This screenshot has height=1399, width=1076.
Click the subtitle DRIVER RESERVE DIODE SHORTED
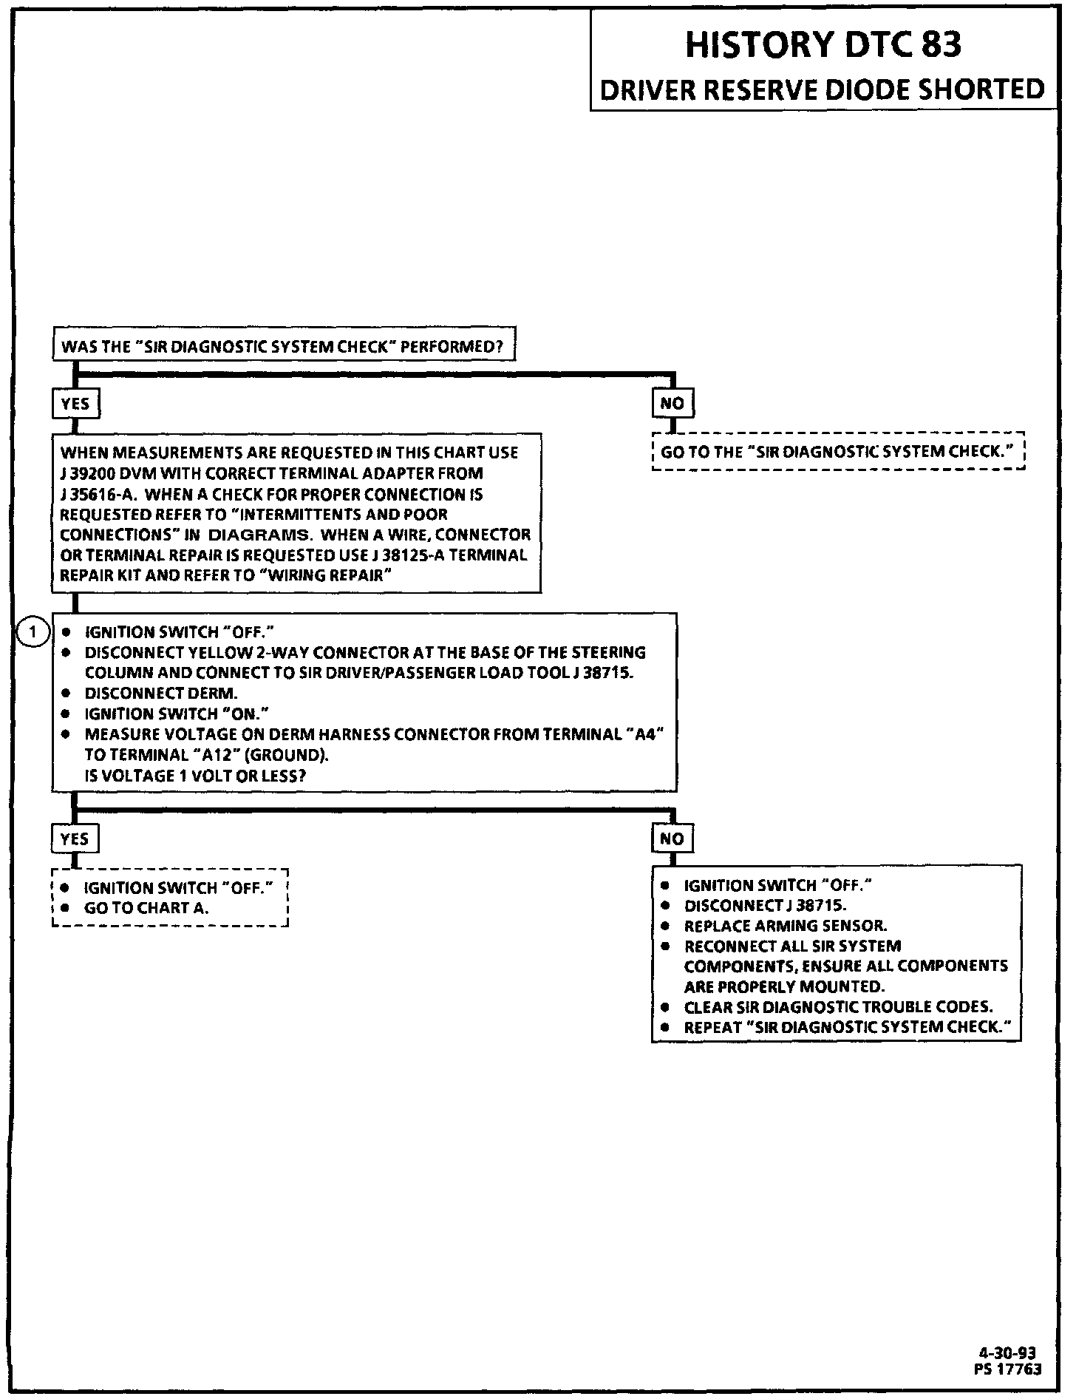coord(823,89)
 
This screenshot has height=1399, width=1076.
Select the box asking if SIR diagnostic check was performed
coord(283,345)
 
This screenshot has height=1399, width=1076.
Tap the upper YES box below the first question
coord(75,403)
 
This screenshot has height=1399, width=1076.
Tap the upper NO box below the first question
coord(672,403)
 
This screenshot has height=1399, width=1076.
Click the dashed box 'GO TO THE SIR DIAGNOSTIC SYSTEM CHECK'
coord(838,452)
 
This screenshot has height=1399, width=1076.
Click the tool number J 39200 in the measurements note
coord(86,473)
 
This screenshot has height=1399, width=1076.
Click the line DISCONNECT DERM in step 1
coord(161,694)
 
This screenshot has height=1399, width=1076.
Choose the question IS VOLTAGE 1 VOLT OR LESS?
coord(195,776)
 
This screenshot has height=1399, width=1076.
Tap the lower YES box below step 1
coord(75,838)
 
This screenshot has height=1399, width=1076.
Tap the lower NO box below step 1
coord(672,838)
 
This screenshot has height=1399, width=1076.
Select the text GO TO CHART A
coord(146,908)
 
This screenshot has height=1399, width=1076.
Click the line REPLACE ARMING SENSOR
coord(786,926)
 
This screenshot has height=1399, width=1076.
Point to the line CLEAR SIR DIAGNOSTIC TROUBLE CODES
coord(838,1007)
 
